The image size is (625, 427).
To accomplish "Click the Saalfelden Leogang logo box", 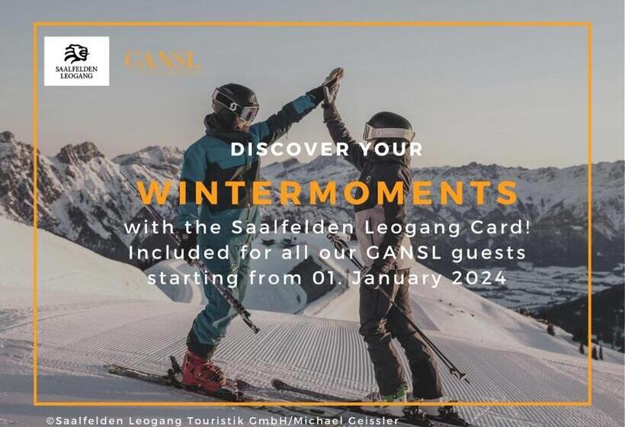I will pos(76,61).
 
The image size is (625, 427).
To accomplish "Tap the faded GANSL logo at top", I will pos(162,61).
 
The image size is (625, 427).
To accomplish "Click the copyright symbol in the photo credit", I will pos(50,420).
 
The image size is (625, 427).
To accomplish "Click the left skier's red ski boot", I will pos(203,371).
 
